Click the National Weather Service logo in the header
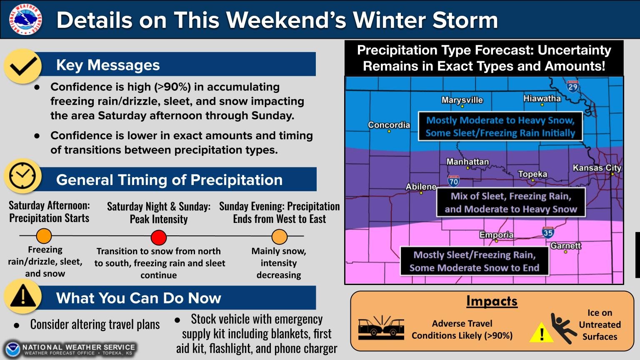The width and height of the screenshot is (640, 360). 25,19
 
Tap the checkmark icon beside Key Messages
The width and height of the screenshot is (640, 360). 22,66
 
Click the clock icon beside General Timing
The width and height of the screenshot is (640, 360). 22,176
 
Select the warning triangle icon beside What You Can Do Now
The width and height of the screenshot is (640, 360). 23,296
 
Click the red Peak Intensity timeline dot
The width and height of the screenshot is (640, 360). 158,237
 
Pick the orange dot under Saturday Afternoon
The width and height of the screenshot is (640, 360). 44,236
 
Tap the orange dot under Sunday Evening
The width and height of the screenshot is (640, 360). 279,237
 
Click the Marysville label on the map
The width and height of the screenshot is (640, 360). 462,100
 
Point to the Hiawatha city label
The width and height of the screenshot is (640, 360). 542,98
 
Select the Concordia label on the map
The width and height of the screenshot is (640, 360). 389,125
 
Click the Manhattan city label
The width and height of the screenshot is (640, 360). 467,162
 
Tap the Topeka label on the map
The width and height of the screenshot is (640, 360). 532,174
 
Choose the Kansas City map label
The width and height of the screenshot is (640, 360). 597,168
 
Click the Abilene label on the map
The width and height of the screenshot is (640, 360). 421,187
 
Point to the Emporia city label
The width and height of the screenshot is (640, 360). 496,235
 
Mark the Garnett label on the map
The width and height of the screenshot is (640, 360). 565,245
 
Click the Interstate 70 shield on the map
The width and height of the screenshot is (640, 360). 453,181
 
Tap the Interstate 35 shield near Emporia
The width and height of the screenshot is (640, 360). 548,232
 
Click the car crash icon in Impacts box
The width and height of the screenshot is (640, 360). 381,327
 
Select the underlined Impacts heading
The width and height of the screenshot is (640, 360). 492,301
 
